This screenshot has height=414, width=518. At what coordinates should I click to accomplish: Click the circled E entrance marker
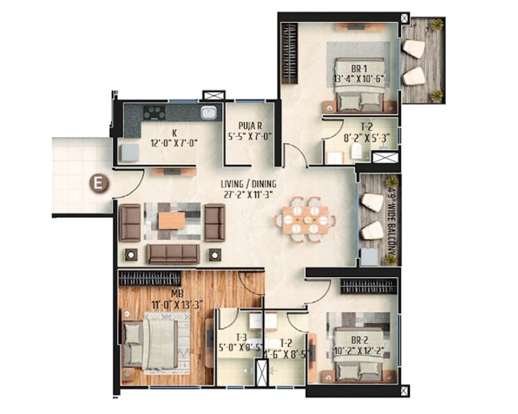point(99,184)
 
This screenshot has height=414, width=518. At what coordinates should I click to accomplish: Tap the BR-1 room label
point(358,69)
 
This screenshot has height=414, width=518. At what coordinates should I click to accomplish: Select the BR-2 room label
point(359,340)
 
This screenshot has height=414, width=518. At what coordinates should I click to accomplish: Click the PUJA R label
point(249,126)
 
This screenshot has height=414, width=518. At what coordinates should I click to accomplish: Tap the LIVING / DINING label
point(249,184)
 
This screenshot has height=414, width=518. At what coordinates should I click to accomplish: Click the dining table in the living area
point(305,220)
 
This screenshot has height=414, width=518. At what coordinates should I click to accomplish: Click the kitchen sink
point(208,114)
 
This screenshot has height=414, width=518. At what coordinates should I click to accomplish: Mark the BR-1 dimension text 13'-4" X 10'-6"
point(359,79)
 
